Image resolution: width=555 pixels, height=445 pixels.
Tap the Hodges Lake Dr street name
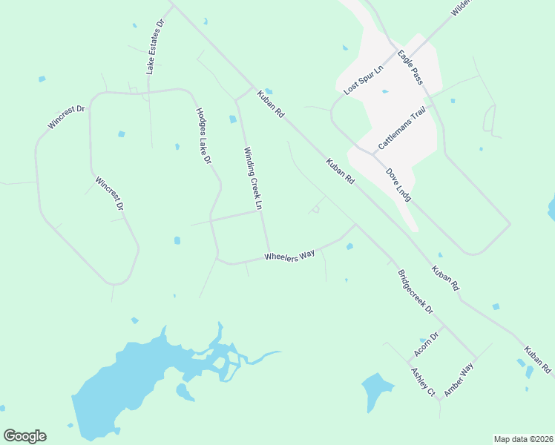point(204,136)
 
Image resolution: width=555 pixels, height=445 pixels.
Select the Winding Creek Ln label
point(254,177)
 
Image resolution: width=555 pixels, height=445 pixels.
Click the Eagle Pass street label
point(410,67)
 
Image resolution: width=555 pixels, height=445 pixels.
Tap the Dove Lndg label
point(398,185)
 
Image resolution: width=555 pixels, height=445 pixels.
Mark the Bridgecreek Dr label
point(415,290)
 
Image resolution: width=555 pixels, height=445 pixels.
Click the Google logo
point(24,436)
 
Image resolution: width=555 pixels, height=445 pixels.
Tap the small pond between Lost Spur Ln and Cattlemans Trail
point(384,91)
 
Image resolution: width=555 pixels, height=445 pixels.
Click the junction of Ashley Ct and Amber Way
point(439,400)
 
